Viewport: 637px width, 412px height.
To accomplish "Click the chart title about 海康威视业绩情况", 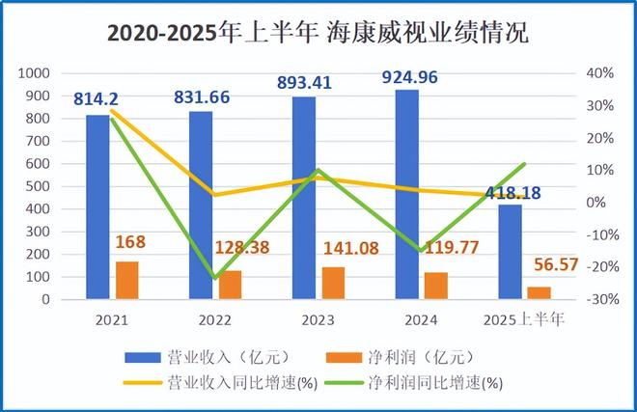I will pos(318,33).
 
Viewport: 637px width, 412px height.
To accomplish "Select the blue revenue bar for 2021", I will pos(97,206).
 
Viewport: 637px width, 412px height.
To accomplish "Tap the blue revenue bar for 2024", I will pos(407,194).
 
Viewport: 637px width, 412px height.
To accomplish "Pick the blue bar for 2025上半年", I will pos(511,252).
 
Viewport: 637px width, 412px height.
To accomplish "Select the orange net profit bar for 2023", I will pos(333,283).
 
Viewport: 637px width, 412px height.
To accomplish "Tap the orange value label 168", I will pos(130,241).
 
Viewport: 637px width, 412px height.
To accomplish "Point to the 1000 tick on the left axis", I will pos(36,73).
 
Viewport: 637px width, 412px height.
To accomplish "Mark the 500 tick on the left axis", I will pos(40,186).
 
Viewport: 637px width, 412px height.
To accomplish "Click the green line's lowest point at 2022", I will pos(213,278).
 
